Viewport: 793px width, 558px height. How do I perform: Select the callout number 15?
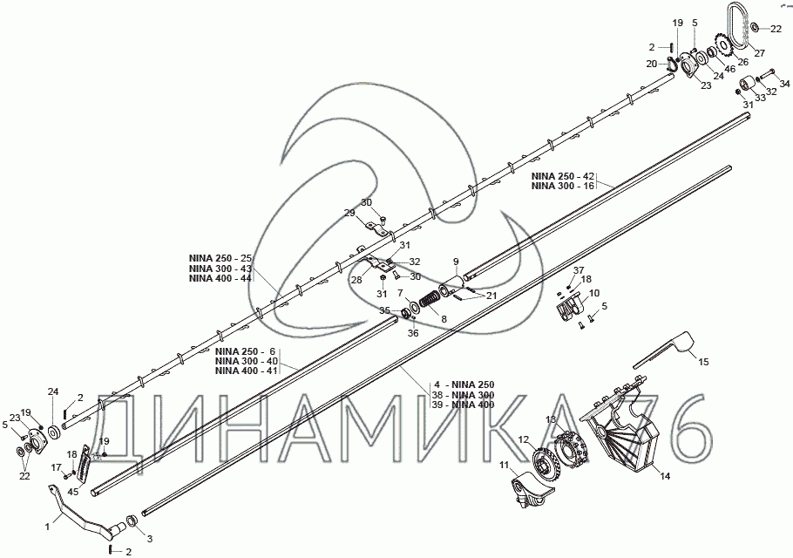point(703,362)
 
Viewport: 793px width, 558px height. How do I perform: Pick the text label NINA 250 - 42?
point(562,176)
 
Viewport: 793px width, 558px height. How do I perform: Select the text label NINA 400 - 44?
point(220,279)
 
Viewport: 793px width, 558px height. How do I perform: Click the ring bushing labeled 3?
point(131,521)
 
